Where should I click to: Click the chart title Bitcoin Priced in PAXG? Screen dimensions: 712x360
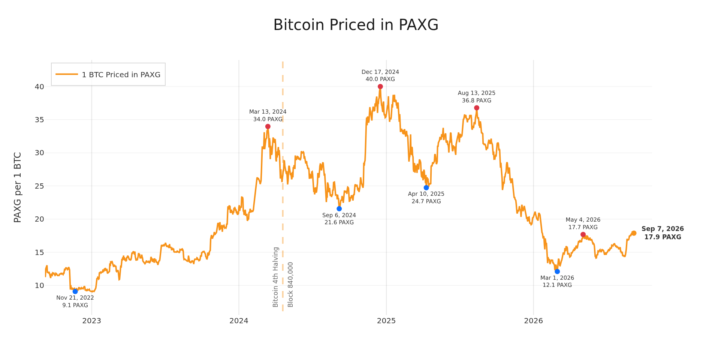point(356,25)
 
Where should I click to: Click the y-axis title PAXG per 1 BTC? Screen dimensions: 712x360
point(18,187)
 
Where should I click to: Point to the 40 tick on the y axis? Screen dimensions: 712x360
point(39,87)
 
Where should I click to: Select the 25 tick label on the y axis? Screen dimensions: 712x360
point(39,186)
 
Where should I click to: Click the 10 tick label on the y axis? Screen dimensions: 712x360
point(39,285)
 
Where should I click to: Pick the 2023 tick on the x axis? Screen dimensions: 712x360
point(92,321)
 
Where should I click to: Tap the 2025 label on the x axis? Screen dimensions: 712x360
point(386,321)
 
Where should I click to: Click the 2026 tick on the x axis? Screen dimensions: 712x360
point(534,321)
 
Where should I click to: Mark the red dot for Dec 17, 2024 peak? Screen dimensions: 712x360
point(380,87)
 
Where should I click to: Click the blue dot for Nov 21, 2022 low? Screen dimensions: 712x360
point(75,291)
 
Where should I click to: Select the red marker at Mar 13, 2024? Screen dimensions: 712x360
point(268,126)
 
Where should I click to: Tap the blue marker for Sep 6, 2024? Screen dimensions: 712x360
point(339,208)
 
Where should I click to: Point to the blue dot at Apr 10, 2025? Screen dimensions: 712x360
point(426,187)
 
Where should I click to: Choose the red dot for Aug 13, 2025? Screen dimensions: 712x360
point(477,108)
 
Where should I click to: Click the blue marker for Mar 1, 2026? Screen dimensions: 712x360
point(557,271)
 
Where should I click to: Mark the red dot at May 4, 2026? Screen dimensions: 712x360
point(583,234)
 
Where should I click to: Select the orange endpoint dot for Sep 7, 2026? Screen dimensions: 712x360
point(634,233)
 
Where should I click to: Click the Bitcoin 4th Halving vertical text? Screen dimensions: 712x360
point(276,277)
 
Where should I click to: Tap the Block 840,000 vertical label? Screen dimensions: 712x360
point(290,285)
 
